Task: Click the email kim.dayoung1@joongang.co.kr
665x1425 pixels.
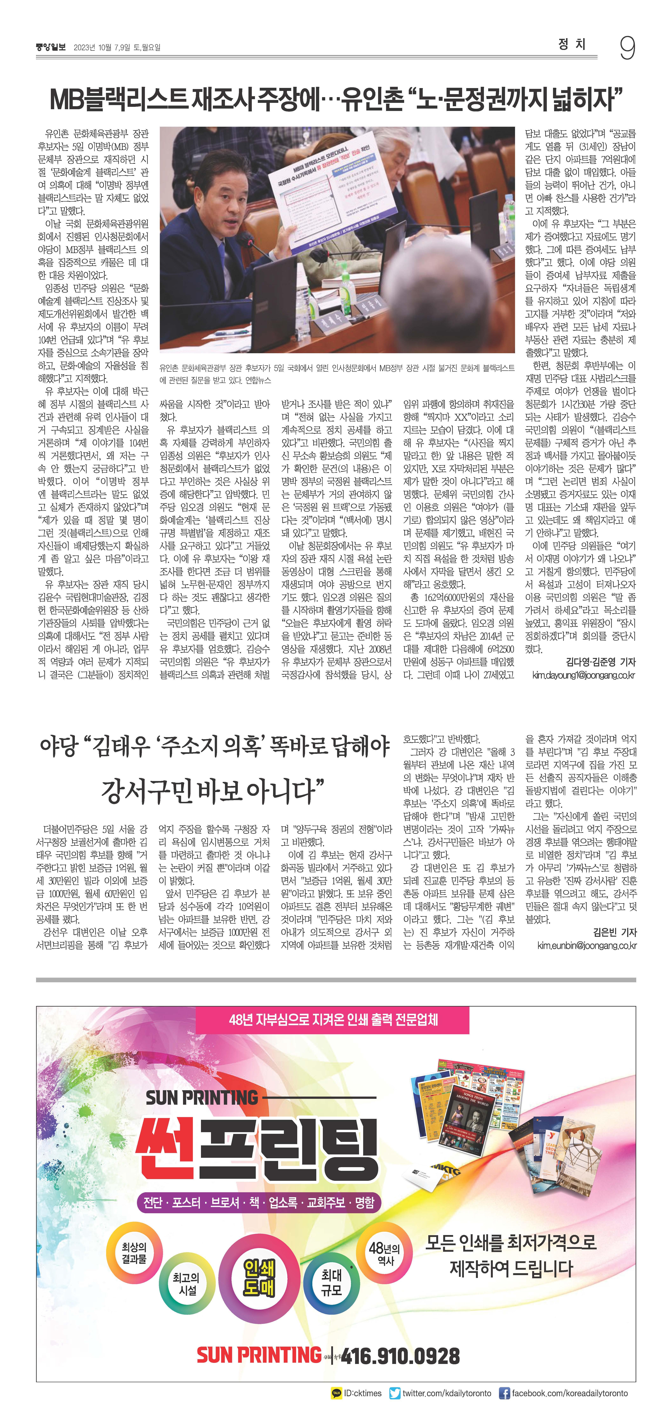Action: pos(583,675)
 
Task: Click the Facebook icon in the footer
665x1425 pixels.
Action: pos(504,1393)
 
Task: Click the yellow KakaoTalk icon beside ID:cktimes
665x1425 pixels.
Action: pos(336,1393)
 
